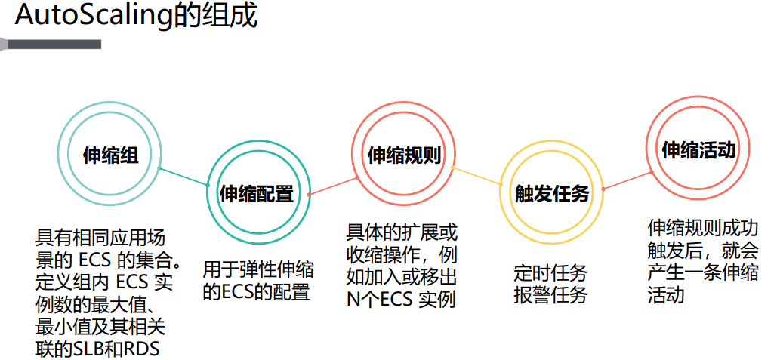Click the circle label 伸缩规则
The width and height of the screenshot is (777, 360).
pos(403,155)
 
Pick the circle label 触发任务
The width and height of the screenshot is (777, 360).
pos(551,194)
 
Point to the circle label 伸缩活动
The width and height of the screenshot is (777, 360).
pos(698,149)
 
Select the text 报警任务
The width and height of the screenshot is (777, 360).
pos(550,295)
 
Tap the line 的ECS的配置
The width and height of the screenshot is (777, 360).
pos(256,292)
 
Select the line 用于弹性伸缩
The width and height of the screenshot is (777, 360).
pos(258,270)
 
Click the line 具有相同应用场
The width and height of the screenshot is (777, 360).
pos(100,237)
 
